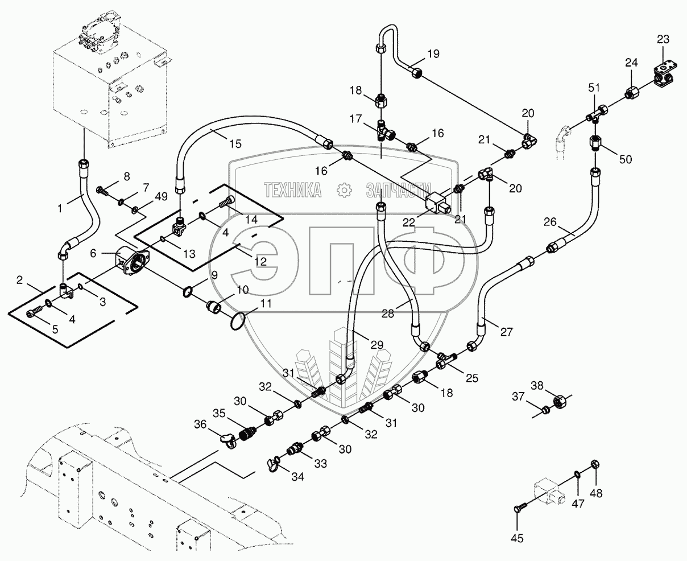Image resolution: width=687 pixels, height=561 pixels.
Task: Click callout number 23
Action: pos(663,39)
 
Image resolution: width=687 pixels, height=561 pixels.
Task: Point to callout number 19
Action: pos(433,55)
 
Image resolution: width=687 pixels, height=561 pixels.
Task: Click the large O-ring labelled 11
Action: pos(238,320)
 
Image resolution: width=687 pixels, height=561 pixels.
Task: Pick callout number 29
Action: pos(376,345)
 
